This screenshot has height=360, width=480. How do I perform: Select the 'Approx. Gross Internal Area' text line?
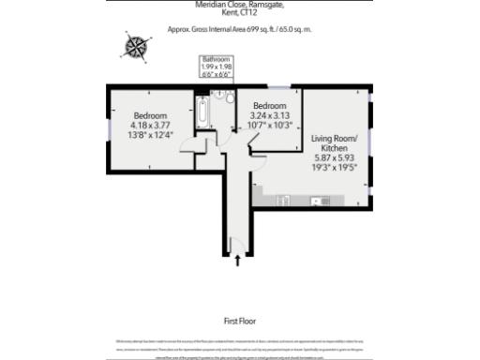click(x=239, y=29)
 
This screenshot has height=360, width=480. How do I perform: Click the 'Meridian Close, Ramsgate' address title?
click(x=239, y=6)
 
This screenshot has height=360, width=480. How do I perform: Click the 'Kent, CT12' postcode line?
click(x=239, y=15)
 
